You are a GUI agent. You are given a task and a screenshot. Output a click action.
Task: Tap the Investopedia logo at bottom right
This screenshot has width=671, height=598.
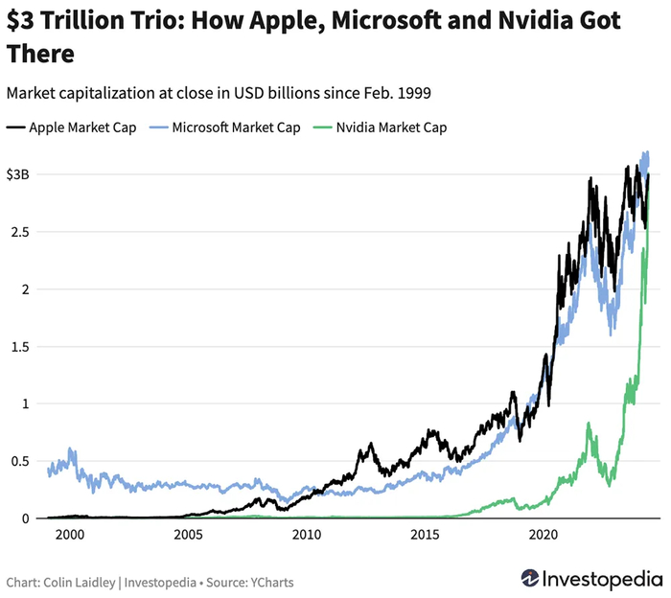pyautogui.click(x=591, y=579)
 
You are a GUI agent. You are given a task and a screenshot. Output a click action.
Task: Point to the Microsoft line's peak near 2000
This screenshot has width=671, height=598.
pyautogui.click(x=70, y=448)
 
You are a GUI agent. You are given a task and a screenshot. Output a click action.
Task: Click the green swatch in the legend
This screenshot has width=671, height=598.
pyautogui.click(x=320, y=126)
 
